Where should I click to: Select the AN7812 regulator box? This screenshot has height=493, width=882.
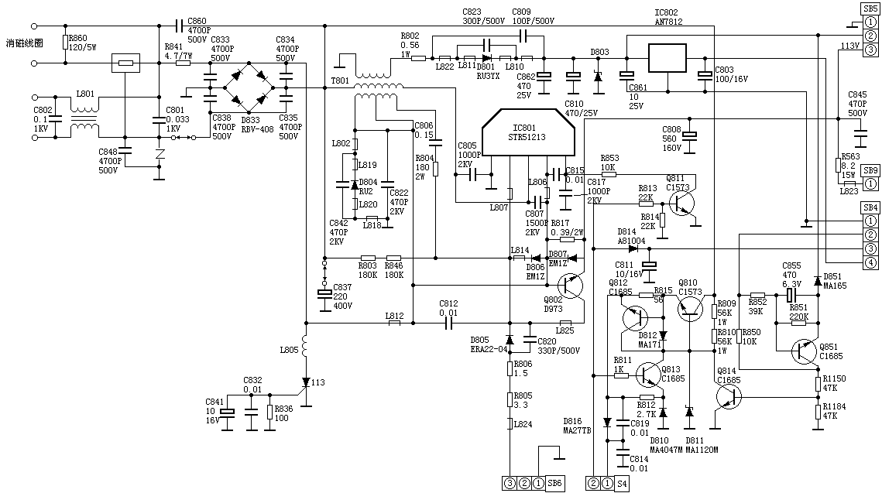[x=667, y=58]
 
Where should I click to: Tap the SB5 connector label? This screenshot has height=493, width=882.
[x=870, y=8]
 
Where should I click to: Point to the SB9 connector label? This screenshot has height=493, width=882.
[x=870, y=170]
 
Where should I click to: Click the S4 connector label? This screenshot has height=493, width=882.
[x=622, y=484]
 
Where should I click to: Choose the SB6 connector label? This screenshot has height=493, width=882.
[x=555, y=484]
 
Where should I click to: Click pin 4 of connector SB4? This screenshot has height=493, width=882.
[x=870, y=263]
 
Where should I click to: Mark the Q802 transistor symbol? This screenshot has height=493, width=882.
[x=572, y=286]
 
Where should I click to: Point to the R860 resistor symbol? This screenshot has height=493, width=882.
[x=67, y=43]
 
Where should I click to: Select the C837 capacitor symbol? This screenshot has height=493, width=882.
[x=324, y=293]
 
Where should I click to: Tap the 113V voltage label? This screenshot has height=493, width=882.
[x=850, y=46]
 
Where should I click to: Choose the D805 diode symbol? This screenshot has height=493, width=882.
[x=510, y=340]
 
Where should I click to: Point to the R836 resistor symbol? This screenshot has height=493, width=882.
[x=269, y=412]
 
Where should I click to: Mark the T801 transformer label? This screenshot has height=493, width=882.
[x=340, y=80]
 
